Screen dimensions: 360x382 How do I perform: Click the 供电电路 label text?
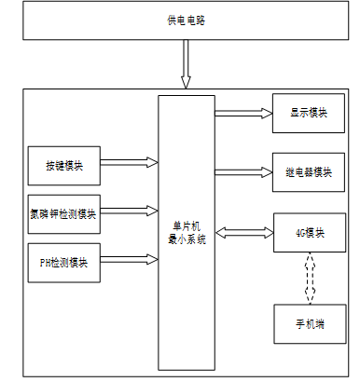point(186,20)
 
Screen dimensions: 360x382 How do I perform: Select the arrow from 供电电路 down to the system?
point(186,64)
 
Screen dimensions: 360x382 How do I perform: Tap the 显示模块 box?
point(309,114)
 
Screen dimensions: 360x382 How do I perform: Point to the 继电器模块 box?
point(309,172)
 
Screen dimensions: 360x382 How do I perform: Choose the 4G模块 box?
point(310,233)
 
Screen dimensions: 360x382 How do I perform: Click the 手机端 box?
point(310,324)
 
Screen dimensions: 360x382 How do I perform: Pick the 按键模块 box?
point(64,166)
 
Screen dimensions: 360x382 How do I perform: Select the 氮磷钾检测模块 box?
point(64,214)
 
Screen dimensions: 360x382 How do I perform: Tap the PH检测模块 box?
point(64,263)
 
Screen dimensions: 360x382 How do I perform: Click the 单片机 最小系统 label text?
point(187,233)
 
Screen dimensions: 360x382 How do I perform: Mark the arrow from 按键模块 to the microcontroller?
point(130,162)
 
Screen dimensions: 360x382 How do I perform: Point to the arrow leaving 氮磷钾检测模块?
point(130,211)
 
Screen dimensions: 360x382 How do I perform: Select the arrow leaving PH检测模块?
point(130,259)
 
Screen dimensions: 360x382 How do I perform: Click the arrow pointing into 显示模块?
point(243,114)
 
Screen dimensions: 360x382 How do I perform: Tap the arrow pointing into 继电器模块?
point(243,172)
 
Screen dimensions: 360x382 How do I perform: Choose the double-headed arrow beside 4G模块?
point(244,233)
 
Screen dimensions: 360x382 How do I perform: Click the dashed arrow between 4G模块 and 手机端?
point(310,279)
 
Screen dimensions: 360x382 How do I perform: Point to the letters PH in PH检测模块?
point(46,263)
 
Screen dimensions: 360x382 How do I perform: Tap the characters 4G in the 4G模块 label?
point(300,233)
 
